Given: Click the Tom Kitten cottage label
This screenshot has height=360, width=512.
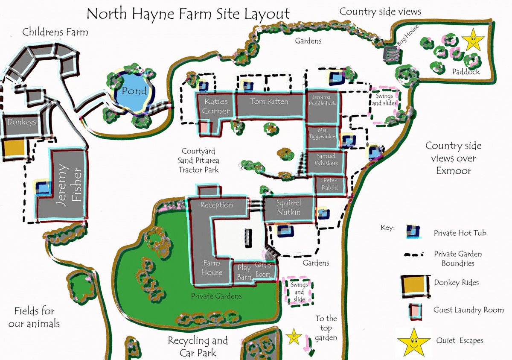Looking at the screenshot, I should pos(269,102).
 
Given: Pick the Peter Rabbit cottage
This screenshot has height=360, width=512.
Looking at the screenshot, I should pos(330,184).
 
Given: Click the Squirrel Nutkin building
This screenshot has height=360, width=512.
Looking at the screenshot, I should pos(288,208).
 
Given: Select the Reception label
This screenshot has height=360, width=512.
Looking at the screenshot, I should pos(217,205).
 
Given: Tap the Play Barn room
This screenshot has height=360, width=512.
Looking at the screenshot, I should pos(244,272).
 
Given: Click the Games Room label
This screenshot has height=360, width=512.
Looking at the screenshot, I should pos(263,270).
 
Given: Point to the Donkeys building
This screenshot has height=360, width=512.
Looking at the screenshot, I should pos(21,122).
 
